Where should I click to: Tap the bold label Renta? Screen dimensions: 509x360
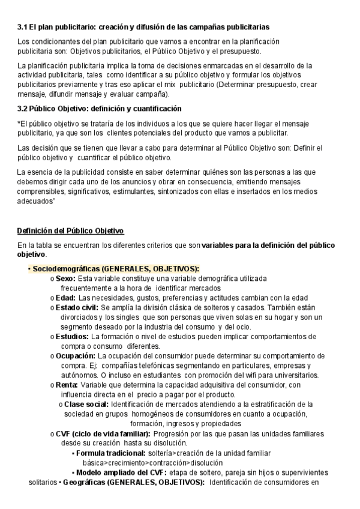(67, 384)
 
